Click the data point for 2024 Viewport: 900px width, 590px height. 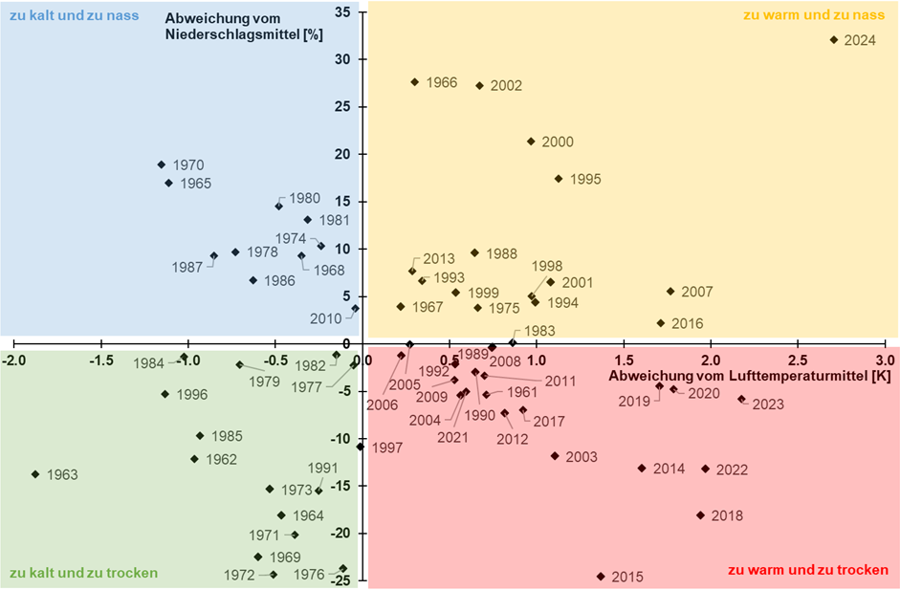click(834, 40)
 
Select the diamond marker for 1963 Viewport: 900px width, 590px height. click(35, 474)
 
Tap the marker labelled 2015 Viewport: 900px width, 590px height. click(601, 577)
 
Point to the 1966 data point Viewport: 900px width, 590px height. click(414, 82)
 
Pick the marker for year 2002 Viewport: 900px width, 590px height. click(480, 85)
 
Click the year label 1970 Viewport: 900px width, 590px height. click(188, 165)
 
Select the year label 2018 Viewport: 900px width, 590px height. click(727, 516)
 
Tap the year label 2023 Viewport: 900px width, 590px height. click(767, 404)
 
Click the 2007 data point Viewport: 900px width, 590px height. click(670, 292)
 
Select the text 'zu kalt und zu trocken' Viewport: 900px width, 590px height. click(83, 574)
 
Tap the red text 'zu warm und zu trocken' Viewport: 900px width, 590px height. click(808, 570)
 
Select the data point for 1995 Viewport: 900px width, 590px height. click(559, 179)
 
